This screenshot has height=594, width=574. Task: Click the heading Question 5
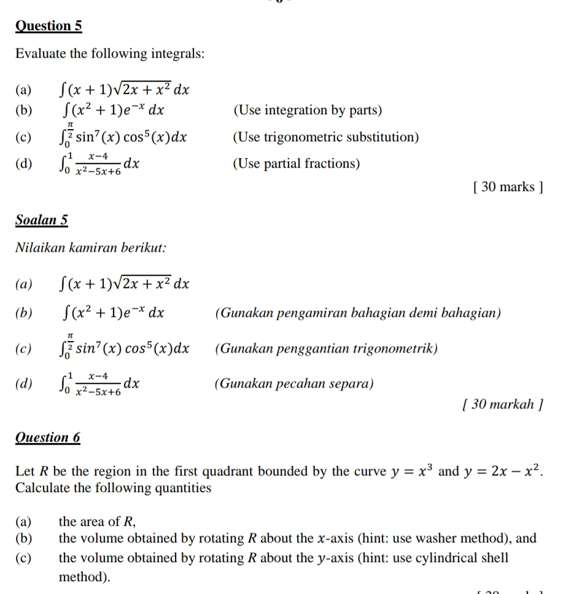point(48,26)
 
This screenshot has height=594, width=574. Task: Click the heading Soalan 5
point(42,220)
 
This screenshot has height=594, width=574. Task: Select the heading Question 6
point(48,437)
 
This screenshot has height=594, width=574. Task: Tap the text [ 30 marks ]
point(508,187)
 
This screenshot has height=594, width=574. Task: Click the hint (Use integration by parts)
point(308,111)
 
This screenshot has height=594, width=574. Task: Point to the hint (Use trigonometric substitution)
point(326,137)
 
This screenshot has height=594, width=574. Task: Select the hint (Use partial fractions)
point(297,164)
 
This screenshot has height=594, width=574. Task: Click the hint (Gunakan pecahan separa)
point(294,385)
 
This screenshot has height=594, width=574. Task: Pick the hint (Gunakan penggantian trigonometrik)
point(327,349)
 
